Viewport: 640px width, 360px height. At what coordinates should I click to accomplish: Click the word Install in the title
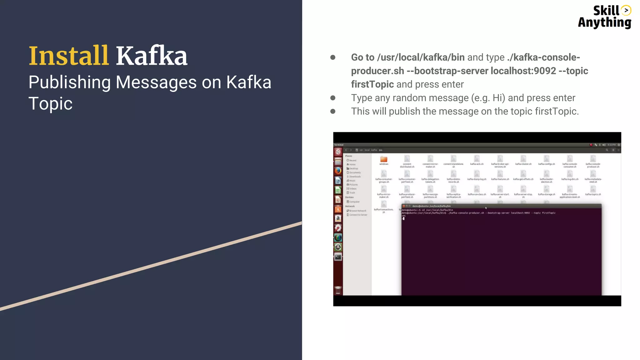coord(68,56)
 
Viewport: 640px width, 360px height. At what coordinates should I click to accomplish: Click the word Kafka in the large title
coord(152,56)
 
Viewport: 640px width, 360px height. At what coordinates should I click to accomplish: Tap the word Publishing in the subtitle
coord(69,82)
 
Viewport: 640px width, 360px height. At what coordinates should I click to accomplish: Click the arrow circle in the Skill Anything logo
coord(626,10)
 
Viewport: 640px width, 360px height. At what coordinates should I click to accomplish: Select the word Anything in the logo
coord(604,22)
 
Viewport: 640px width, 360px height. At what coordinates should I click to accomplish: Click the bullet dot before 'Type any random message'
coord(333,98)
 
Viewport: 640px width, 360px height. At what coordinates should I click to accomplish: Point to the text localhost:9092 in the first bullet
coord(523,71)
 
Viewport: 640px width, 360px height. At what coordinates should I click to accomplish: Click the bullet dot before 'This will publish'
coord(333,112)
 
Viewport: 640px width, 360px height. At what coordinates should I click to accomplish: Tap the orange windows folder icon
coord(384,159)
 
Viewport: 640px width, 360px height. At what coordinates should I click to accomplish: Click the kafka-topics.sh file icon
coord(593,189)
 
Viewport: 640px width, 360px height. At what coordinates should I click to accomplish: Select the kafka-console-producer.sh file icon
coord(593,159)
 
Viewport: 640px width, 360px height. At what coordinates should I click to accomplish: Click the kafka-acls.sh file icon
coord(477,159)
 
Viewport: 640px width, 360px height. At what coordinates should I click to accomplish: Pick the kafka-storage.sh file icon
coord(546,189)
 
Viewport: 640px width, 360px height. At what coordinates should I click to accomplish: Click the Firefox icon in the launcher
coord(338,171)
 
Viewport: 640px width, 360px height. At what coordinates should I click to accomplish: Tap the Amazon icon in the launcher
coord(338,218)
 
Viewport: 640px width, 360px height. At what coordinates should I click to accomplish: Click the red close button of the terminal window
coord(404,206)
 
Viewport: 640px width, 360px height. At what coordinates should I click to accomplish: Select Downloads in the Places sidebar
coord(355,177)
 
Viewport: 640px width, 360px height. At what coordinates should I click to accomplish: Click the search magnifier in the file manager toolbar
coord(607,150)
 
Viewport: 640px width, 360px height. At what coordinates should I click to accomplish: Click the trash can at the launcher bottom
coord(338,290)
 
